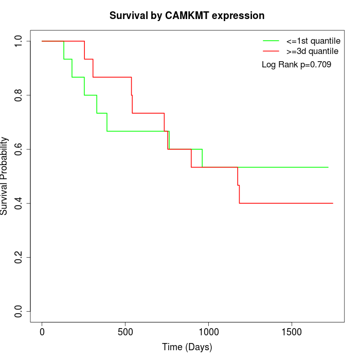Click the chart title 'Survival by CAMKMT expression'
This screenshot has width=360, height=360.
click(x=187, y=16)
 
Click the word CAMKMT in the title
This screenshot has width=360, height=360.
click(x=187, y=16)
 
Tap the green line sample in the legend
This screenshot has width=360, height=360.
click(x=271, y=41)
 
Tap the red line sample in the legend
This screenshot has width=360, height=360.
click(x=271, y=51)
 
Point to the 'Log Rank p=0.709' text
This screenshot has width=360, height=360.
click(x=296, y=65)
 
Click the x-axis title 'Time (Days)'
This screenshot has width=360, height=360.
click(x=187, y=347)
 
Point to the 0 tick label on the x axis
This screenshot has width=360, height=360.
click(x=42, y=331)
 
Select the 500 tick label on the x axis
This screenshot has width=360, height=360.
click(x=125, y=331)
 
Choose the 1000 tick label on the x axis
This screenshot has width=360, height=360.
click(x=209, y=331)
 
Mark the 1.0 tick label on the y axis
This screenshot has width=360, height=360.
click(x=19, y=41)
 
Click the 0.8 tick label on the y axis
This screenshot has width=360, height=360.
click(x=19, y=95)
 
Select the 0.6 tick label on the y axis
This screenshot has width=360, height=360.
click(x=19, y=149)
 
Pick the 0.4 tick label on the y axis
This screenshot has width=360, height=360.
click(x=19, y=203)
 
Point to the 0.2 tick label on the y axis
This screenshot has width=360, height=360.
click(x=19, y=257)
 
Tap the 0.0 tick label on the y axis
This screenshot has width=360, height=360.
click(x=19, y=311)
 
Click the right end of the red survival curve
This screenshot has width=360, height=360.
click(x=333, y=203)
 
